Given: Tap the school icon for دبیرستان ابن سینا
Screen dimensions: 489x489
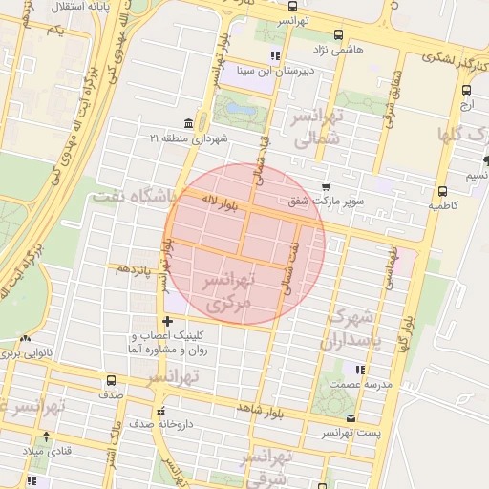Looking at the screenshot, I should tap(275, 54).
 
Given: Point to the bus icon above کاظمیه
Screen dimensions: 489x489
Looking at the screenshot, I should tap(442, 190).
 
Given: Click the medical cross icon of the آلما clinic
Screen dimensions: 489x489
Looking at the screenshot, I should tap(167, 321).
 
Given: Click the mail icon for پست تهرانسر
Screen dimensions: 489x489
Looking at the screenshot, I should tap(350, 418).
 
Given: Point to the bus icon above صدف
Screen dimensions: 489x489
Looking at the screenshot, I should tap(112, 380).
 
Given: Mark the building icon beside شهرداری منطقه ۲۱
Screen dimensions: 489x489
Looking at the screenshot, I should tap(187, 124).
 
